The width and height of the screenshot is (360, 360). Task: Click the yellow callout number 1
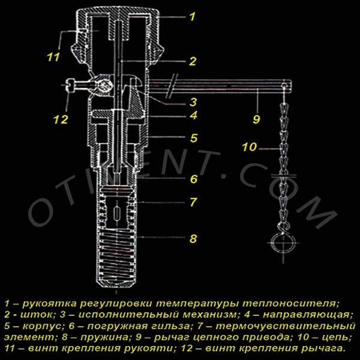click(x=193, y=17)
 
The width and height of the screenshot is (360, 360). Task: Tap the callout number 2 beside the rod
click(x=193, y=61)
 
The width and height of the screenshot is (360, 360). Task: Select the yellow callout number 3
click(x=193, y=102)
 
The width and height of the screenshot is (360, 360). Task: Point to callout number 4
click(x=194, y=115)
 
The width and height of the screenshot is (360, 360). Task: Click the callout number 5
click(x=194, y=138)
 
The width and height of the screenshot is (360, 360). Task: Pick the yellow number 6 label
click(x=194, y=179)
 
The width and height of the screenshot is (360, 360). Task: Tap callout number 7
click(x=193, y=202)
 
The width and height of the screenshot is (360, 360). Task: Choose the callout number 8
click(x=193, y=238)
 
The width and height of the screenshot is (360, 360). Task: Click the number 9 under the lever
click(x=256, y=119)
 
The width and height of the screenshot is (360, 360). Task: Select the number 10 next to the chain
click(x=250, y=147)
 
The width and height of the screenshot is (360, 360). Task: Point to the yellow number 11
click(x=53, y=57)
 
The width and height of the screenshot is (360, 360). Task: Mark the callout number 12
click(x=61, y=119)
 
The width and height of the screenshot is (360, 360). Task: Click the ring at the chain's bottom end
click(x=282, y=243)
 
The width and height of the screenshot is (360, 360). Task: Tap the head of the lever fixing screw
click(x=71, y=85)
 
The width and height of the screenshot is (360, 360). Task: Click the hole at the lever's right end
click(x=284, y=86)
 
